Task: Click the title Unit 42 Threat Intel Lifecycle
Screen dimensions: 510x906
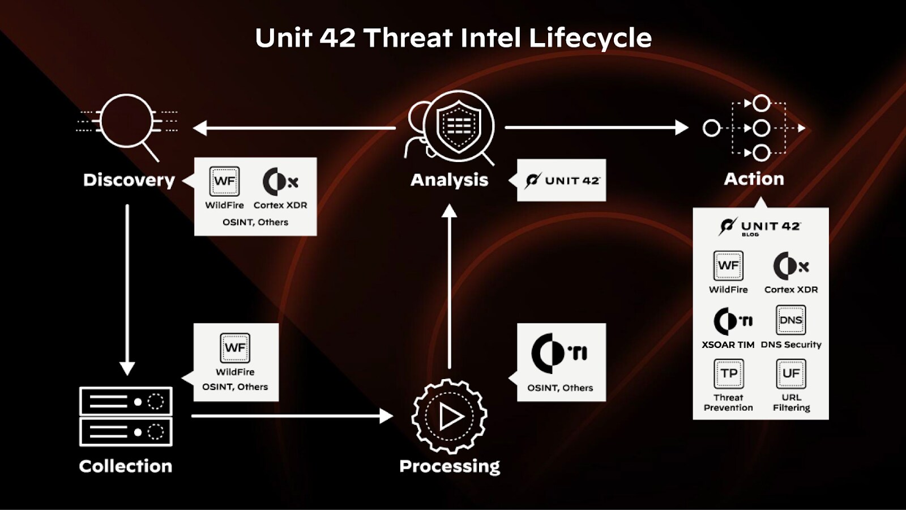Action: click(453, 38)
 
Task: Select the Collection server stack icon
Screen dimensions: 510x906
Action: click(126, 416)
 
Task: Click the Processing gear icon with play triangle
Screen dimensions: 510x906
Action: click(450, 416)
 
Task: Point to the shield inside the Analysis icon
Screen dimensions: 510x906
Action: click(459, 126)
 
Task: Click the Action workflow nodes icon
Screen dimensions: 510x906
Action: click(754, 128)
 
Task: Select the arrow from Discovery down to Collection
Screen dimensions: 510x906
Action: click(127, 289)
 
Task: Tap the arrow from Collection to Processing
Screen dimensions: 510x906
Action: click(292, 416)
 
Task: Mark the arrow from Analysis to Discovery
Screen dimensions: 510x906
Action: click(294, 128)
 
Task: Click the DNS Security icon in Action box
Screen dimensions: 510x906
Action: click(790, 320)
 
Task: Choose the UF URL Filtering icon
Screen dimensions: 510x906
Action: click(790, 373)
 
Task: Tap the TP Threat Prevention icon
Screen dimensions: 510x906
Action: click(728, 373)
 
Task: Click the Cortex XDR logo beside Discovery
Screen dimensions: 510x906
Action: click(280, 182)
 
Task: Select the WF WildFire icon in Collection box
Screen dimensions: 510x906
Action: click(235, 347)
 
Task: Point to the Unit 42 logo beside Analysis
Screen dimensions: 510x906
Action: click(562, 180)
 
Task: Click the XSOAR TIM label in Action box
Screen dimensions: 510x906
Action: click(728, 345)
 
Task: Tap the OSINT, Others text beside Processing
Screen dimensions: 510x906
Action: click(560, 388)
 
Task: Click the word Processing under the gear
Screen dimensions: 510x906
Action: click(450, 466)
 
